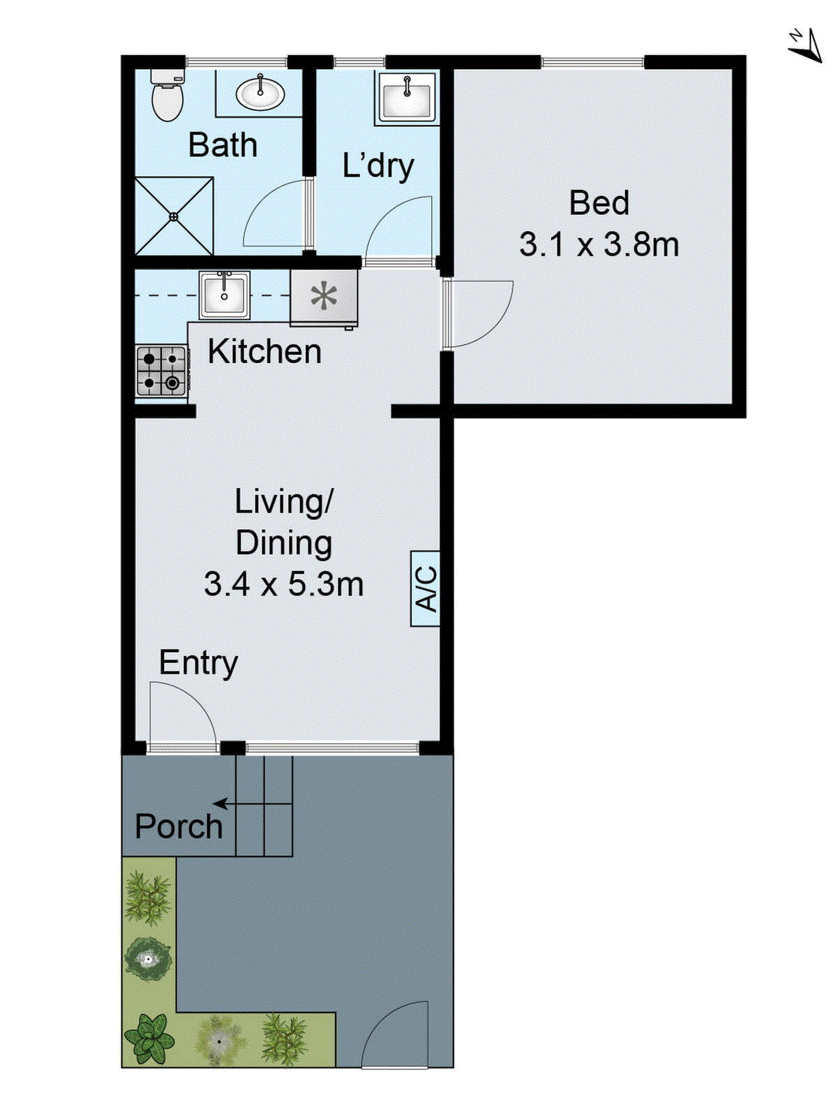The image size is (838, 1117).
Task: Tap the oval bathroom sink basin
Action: pyautogui.click(x=260, y=93)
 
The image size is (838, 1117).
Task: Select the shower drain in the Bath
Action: pyautogui.click(x=174, y=217)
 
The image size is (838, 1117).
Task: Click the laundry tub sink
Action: pyautogui.click(x=407, y=96)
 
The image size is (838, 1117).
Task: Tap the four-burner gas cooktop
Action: pyautogui.click(x=162, y=371)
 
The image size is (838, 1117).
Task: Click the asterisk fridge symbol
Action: pyautogui.click(x=324, y=297)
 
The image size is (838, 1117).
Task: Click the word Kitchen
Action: pyautogui.click(x=264, y=351)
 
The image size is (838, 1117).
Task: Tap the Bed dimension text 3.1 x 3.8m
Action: pyautogui.click(x=599, y=245)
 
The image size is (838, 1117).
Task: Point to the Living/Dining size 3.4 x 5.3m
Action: pyautogui.click(x=283, y=584)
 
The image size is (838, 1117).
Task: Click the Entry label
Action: pyautogui.click(x=198, y=663)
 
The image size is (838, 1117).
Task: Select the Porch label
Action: pyautogui.click(x=179, y=827)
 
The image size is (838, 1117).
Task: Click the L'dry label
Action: pyautogui.click(x=378, y=166)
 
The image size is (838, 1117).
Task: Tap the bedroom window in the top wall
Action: pyautogui.click(x=592, y=63)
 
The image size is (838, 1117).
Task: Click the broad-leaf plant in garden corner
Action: pyautogui.click(x=149, y=1037)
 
